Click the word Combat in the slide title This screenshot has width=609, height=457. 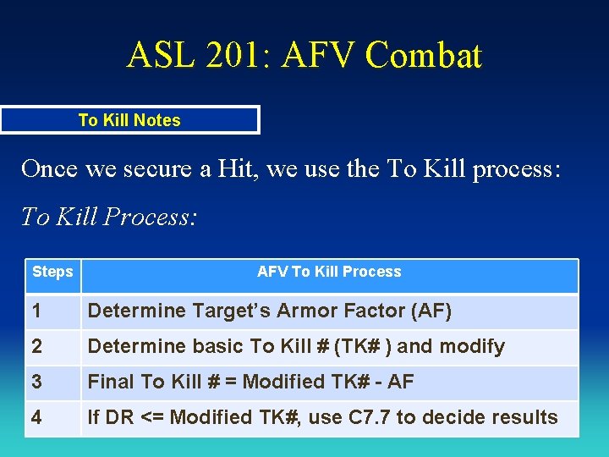coord(425,56)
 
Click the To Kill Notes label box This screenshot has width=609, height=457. coord(129,120)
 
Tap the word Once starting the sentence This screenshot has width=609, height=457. coord(49,168)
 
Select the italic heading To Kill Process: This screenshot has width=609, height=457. coord(109,217)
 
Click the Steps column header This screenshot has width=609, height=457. coord(52,272)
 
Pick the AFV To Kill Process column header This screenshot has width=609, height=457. coord(329,272)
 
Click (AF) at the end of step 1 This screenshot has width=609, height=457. coord(431,311)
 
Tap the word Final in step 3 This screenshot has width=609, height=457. coord(112,383)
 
